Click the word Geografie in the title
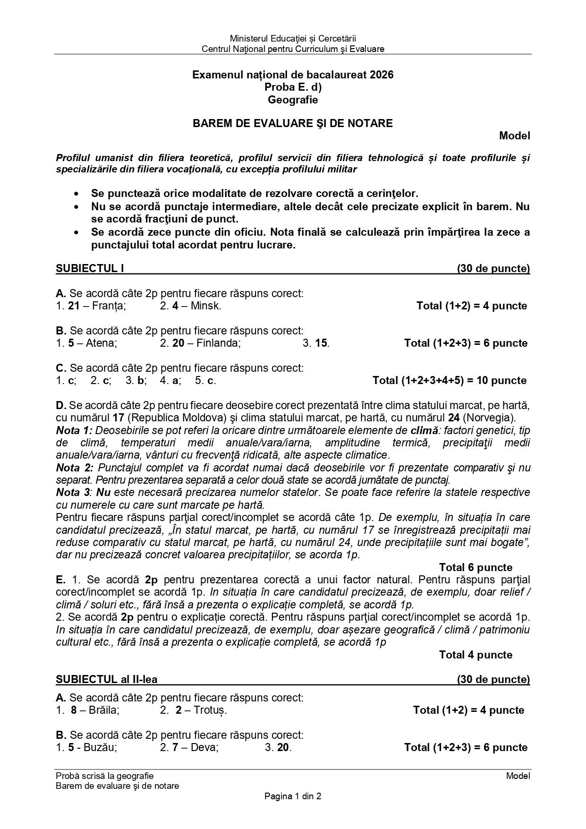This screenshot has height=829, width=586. pyautogui.click(x=293, y=100)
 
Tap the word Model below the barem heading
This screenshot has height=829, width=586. pyautogui.click(x=514, y=136)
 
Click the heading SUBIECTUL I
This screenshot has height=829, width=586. pyautogui.click(x=90, y=269)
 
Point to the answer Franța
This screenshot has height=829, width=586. pyautogui.click(x=109, y=306)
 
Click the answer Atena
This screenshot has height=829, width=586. pyautogui.click(x=102, y=343)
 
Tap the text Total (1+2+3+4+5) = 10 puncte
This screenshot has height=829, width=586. pyautogui.click(x=449, y=380)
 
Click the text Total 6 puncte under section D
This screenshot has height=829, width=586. pyautogui.click(x=475, y=567)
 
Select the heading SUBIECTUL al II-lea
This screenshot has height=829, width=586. pyautogui.click(x=107, y=679)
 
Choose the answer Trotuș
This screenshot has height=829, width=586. pyautogui.click(x=209, y=710)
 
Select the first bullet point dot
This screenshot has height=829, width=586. pyautogui.click(x=76, y=194)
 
